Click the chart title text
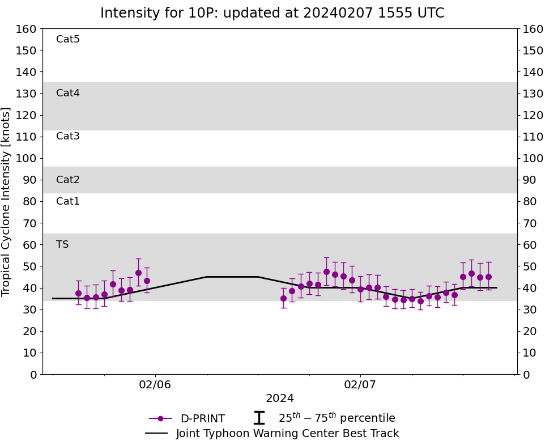(272, 13)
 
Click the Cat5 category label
(68, 40)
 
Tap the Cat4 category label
(68, 94)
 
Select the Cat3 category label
(68, 137)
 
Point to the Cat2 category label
(68, 180)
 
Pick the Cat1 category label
(68, 202)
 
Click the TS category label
(62, 245)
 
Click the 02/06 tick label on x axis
(155, 385)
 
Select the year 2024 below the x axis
(280, 399)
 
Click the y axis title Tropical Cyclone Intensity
(7, 201)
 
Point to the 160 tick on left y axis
(27, 29)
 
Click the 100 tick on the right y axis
(533, 158)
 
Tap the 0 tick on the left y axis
(33, 374)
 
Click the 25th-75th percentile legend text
(337, 418)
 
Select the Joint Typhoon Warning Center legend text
(287, 434)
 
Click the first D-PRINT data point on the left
(78, 293)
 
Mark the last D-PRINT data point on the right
(488, 277)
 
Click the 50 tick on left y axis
(30, 266)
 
